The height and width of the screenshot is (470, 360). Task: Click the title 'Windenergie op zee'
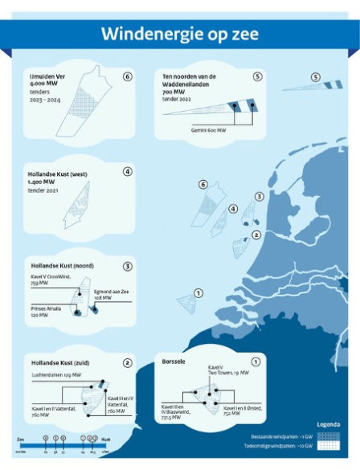click(x=179, y=35)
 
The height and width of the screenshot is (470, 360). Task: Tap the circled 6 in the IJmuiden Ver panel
click(x=127, y=76)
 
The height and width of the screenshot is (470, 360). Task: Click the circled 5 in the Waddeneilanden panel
click(x=257, y=76)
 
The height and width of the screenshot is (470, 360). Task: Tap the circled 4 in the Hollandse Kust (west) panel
click(x=127, y=172)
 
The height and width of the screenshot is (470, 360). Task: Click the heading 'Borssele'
click(x=176, y=362)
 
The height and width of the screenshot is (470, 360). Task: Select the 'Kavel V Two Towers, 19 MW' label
click(x=222, y=370)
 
